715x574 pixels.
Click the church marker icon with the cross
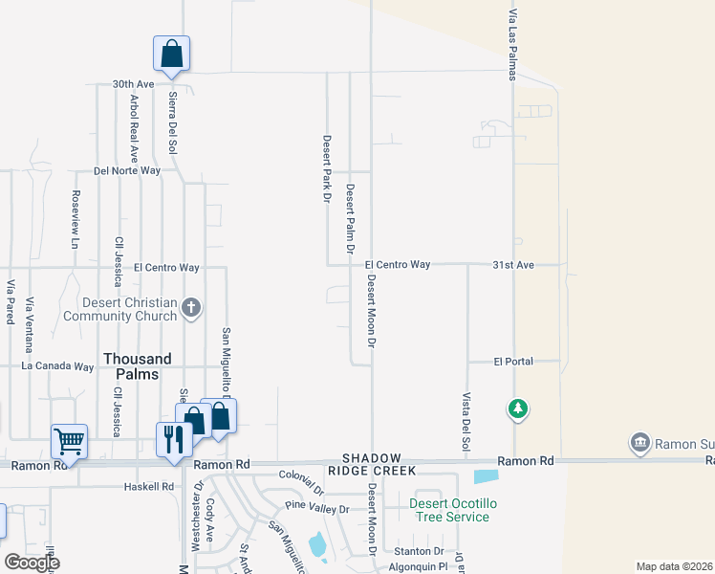point(191,308)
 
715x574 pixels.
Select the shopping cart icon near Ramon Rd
point(69,442)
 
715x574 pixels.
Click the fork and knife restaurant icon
point(173,439)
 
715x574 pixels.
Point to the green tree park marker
point(517,409)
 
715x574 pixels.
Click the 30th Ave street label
point(133,84)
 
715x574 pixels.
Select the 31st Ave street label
point(513,264)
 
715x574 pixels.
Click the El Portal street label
point(512,362)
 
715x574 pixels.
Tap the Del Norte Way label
point(127,171)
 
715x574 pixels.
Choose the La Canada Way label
point(58,365)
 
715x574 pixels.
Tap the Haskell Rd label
point(149,486)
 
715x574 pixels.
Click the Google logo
point(32,563)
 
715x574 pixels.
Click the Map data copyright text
point(674,566)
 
